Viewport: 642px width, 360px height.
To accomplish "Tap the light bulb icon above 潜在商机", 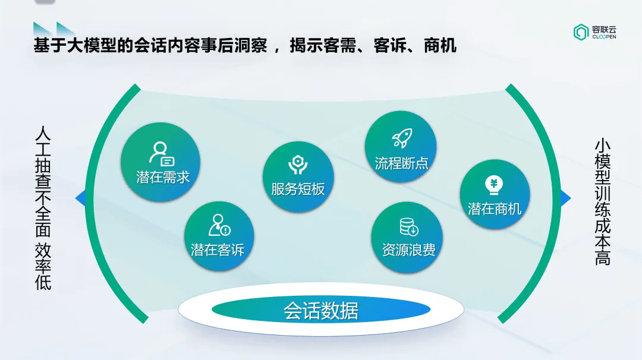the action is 494,185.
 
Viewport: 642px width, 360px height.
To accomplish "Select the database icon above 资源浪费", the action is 408,227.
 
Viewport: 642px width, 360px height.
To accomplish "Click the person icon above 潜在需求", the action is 162,154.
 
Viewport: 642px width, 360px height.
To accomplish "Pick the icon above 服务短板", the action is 298,165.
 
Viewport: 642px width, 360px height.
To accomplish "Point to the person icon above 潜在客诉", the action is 219,225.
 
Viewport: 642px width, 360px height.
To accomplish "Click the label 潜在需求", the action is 163,177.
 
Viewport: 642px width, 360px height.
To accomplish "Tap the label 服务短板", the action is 298,189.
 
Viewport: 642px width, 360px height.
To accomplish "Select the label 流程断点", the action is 401,163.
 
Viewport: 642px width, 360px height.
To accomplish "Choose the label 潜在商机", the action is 494,209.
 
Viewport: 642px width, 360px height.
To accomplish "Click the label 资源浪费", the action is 408,250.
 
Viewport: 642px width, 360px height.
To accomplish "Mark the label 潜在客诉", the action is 218,250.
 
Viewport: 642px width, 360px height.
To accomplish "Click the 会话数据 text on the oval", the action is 321,311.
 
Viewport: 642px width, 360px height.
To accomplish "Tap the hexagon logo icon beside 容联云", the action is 581,32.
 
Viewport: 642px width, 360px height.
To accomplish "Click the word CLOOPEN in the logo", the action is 604,37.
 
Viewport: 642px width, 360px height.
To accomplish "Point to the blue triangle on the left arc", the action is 80,198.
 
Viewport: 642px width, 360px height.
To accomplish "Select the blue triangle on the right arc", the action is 565,198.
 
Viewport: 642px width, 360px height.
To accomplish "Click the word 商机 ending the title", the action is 440,45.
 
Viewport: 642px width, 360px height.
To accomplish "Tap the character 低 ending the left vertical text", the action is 43,282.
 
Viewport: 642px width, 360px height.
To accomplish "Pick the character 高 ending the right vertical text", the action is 603,258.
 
